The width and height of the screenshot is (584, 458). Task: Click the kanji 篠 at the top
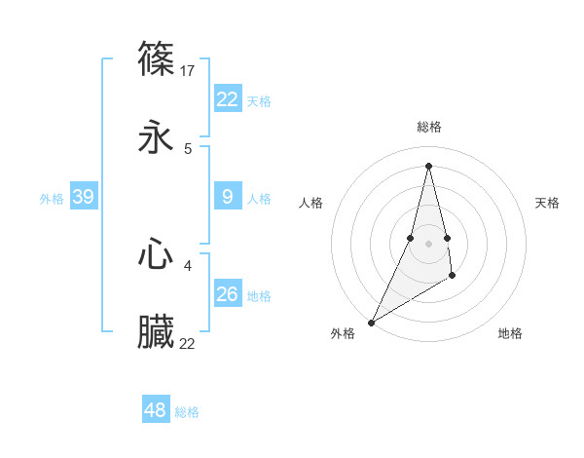click(157, 58)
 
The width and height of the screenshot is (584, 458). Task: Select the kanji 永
click(157, 137)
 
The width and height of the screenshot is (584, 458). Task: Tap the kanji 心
click(157, 254)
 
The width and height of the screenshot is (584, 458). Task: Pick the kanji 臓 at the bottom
click(157, 332)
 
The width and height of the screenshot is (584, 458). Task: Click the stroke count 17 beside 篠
click(189, 71)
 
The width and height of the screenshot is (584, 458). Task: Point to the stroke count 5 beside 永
click(188, 149)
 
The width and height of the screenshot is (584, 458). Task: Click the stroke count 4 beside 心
click(188, 265)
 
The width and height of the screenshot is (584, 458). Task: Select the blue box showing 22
click(228, 99)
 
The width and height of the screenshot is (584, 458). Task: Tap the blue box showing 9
click(228, 197)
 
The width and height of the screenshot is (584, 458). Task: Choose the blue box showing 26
click(228, 293)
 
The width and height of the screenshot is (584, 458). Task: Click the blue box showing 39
click(83, 197)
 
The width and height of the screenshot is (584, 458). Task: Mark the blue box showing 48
click(155, 410)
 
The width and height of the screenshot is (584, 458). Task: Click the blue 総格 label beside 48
click(187, 412)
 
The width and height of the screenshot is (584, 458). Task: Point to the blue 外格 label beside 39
click(52, 199)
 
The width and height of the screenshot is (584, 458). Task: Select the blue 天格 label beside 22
click(259, 101)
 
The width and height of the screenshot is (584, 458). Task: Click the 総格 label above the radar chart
click(428, 127)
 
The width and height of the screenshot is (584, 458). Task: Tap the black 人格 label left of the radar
click(311, 203)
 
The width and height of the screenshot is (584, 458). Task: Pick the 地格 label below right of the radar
click(510, 333)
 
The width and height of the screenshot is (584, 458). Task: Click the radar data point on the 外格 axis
click(371, 322)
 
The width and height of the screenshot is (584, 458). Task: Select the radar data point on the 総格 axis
click(428, 165)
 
